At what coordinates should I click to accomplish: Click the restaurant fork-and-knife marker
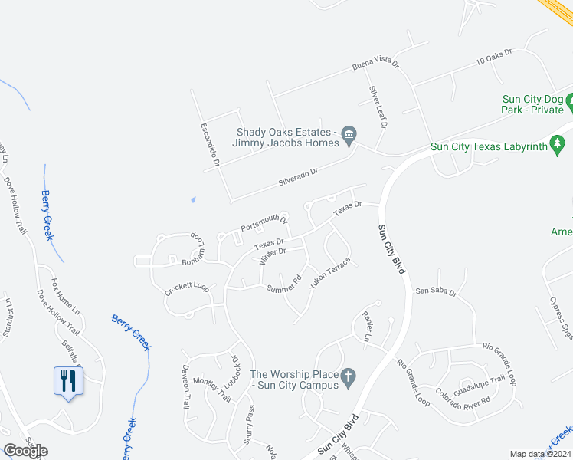tap(68, 380)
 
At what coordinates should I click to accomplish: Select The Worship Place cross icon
tap(348, 376)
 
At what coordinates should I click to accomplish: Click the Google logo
tap(25, 451)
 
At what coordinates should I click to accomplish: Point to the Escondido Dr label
tap(210, 143)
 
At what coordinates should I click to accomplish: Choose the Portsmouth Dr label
tap(264, 224)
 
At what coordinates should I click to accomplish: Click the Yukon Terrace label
tap(330, 273)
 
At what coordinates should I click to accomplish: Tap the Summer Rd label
tap(284, 284)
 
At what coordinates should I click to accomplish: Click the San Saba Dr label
tap(436, 292)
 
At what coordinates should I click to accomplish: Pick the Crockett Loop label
tap(186, 289)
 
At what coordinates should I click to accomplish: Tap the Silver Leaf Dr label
tap(378, 107)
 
